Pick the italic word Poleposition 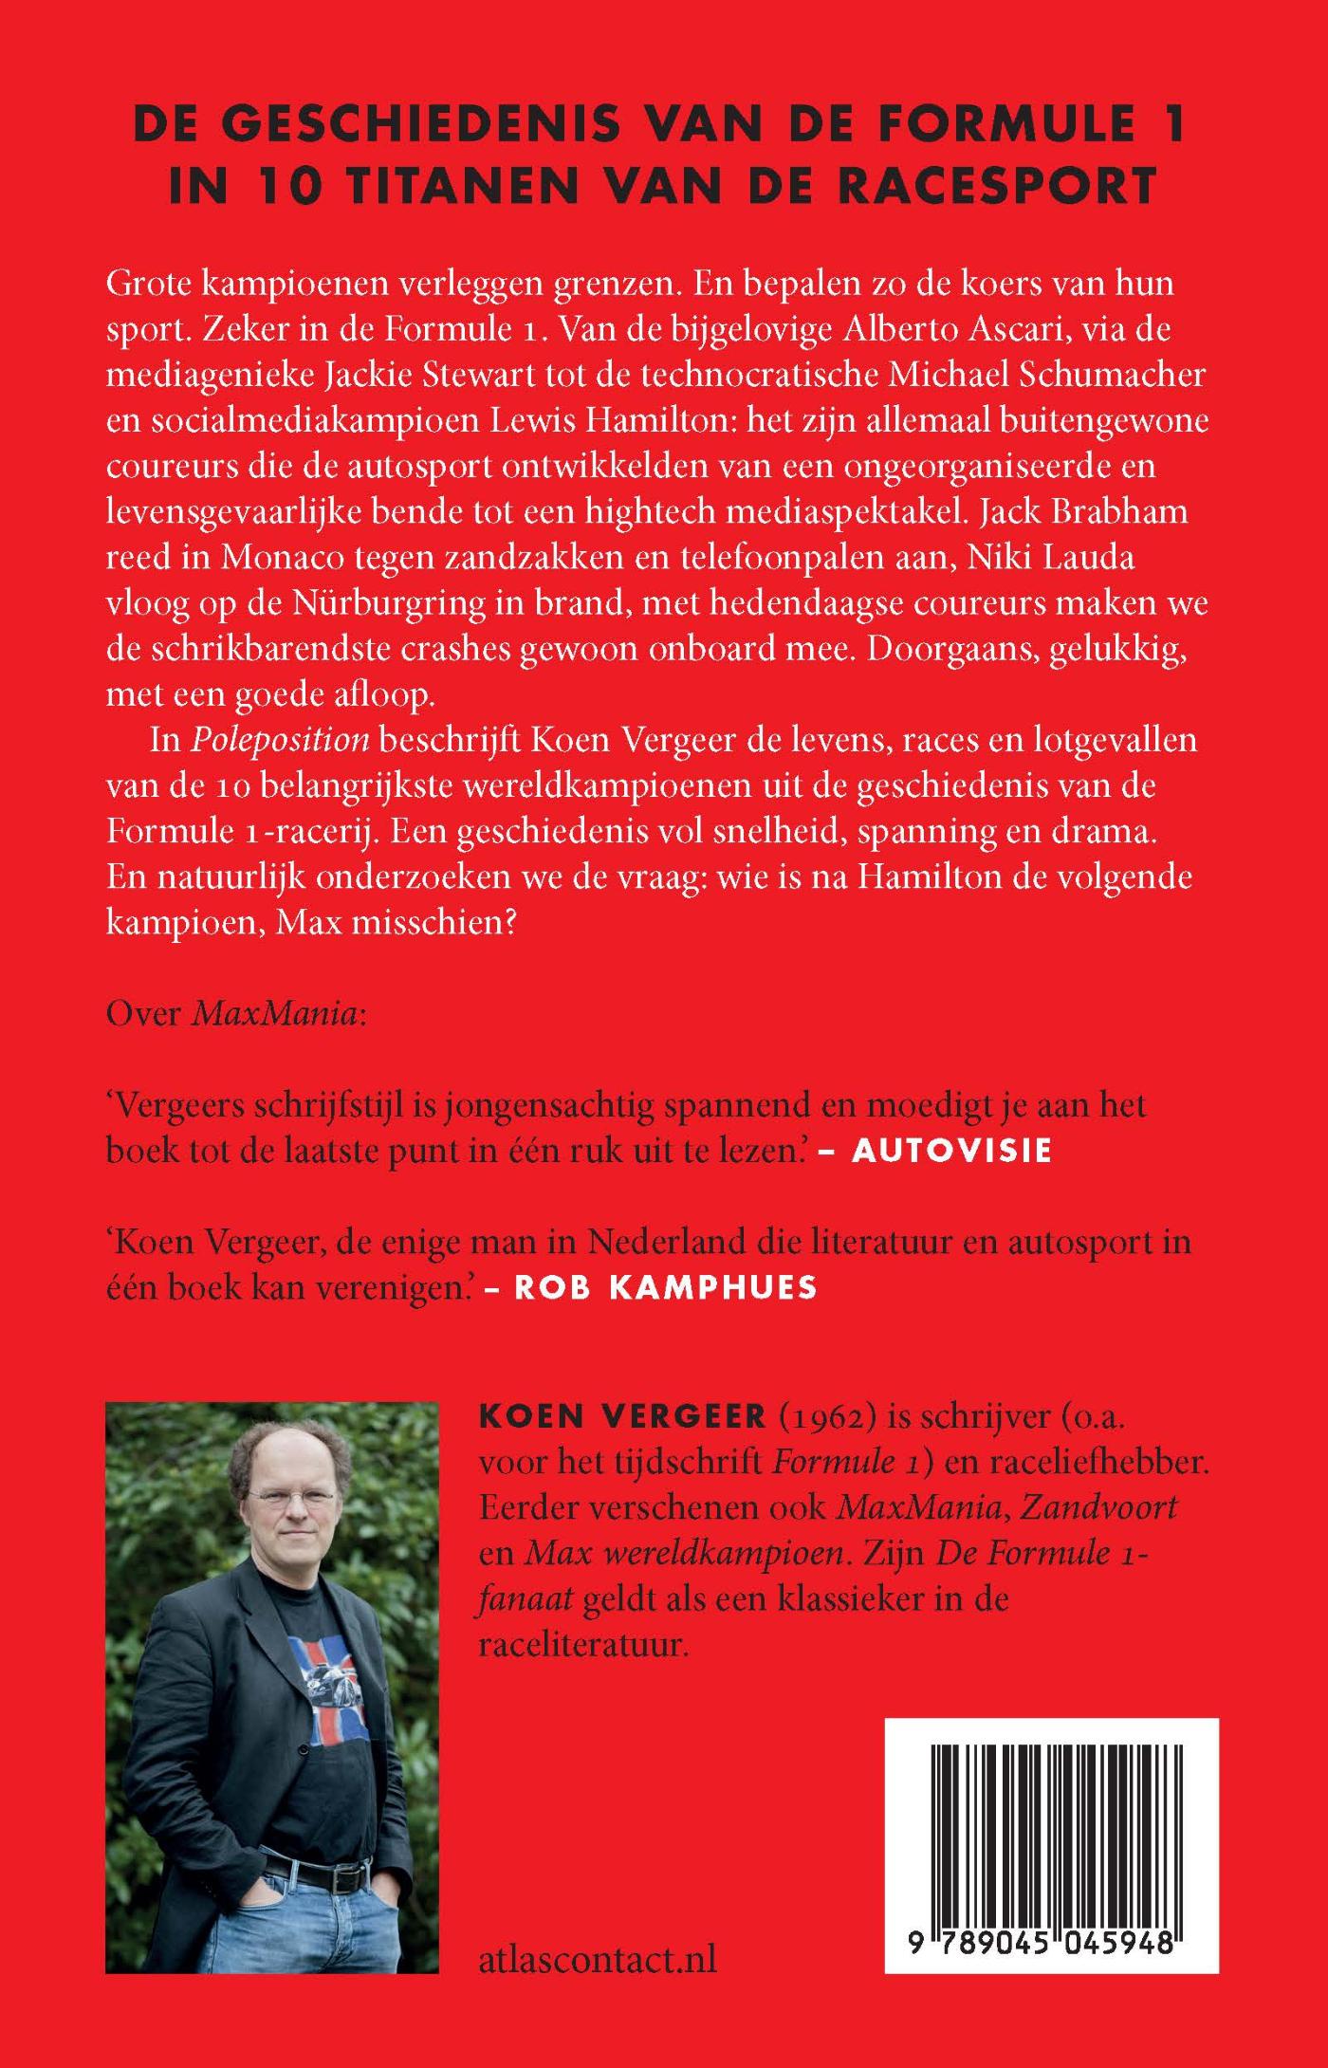click(x=280, y=739)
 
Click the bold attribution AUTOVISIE click(x=952, y=1150)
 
